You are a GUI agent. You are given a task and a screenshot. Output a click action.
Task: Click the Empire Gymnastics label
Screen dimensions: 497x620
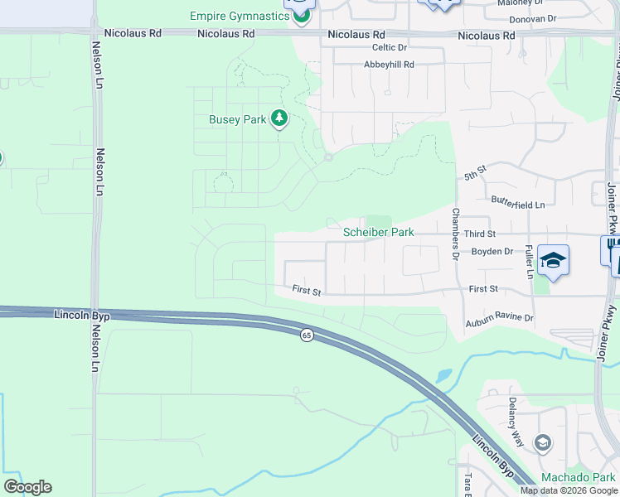[240, 16]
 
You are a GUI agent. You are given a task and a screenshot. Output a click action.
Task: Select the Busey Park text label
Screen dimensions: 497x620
[237, 119]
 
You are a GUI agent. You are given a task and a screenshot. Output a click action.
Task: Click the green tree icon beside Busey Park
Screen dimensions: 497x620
[280, 119]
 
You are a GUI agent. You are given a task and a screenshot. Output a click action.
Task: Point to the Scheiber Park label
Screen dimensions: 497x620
[379, 233]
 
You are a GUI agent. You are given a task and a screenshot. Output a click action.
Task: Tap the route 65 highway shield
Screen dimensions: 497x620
[307, 335]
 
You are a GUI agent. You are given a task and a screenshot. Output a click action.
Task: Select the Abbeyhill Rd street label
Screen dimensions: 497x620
[388, 64]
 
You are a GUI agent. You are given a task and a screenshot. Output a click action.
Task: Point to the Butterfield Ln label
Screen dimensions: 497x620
[518, 204]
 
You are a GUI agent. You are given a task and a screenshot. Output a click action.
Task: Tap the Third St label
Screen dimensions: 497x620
[479, 234]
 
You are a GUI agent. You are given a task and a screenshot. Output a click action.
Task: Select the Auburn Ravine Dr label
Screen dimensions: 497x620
[499, 317]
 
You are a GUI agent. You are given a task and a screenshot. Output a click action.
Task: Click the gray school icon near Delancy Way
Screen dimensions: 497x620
[543, 443]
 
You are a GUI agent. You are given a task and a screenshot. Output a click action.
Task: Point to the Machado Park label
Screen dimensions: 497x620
[578, 477]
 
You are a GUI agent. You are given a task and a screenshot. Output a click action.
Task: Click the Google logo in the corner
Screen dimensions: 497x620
[27, 487]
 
